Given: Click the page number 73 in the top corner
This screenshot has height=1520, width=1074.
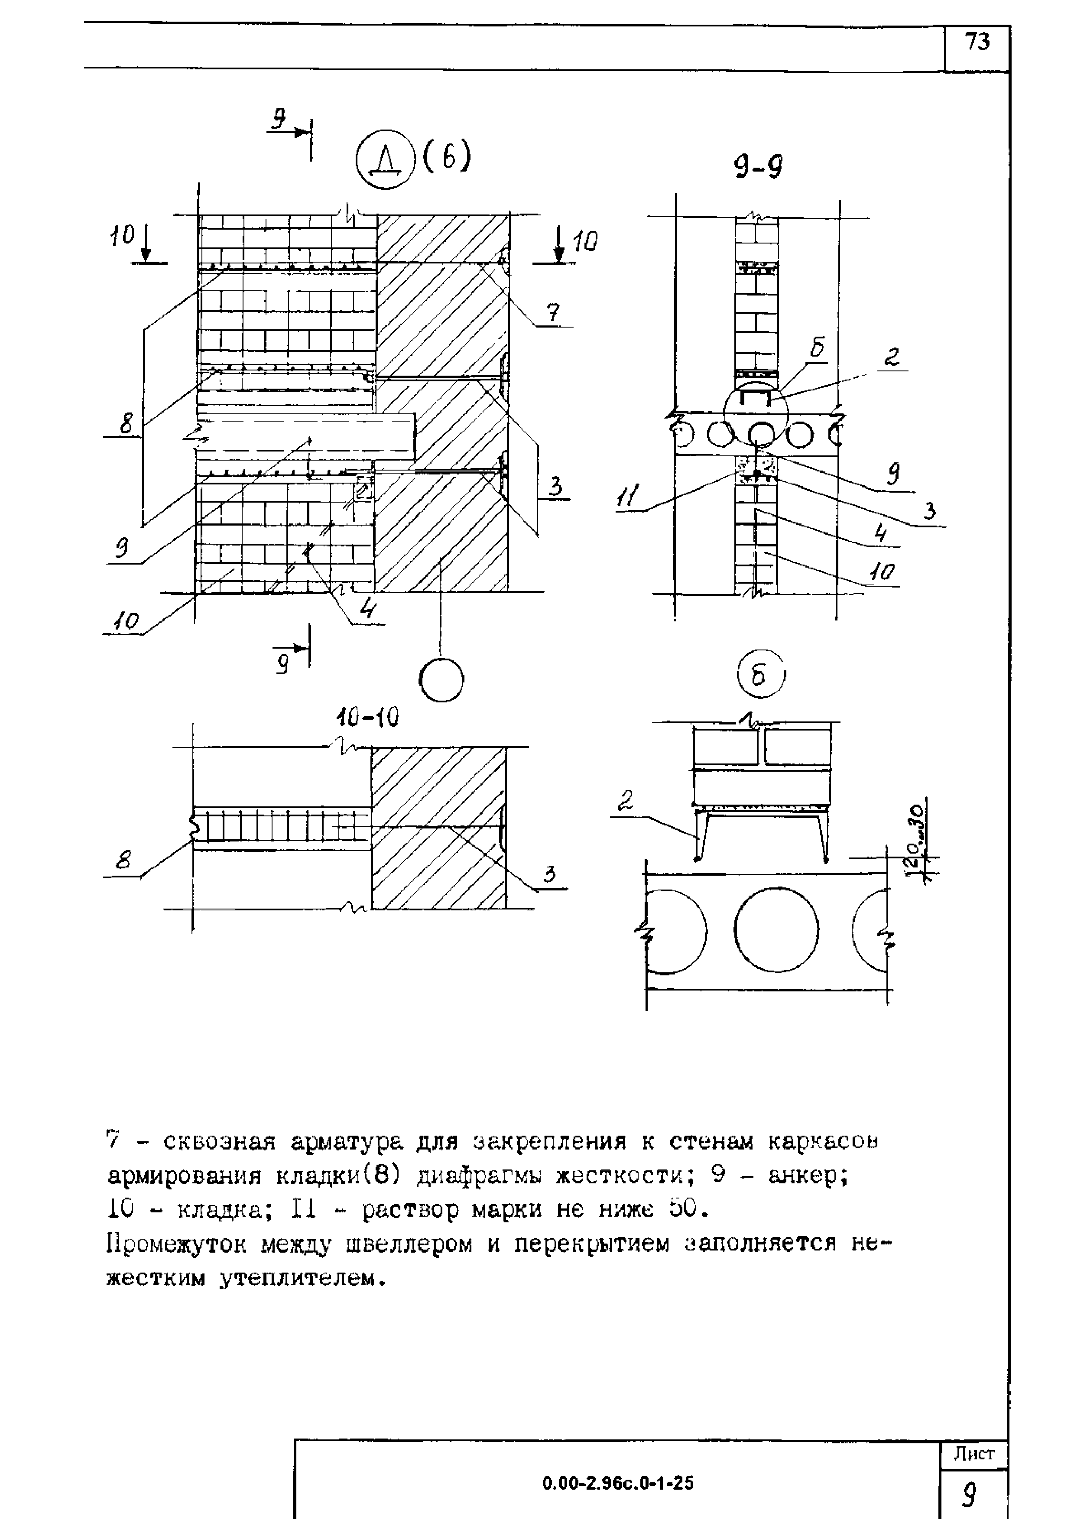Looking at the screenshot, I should pos(977,43).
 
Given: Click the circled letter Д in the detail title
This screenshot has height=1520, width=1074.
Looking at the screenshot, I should pos(384,159).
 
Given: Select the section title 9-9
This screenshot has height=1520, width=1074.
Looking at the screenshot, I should pos(758,168).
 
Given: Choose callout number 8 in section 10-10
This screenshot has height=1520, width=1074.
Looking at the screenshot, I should pos(123,861).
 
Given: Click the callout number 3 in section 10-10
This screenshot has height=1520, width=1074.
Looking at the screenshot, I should pos(548,875).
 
